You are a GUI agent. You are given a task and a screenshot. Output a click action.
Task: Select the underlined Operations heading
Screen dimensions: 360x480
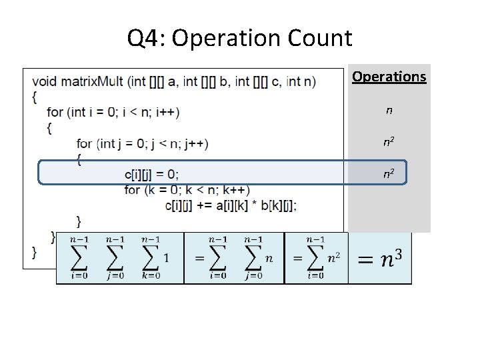pos(389,77)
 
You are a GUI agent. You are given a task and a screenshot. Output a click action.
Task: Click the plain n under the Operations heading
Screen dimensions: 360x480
pos(389,109)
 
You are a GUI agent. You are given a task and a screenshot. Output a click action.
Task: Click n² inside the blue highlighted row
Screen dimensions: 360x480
pos(387,175)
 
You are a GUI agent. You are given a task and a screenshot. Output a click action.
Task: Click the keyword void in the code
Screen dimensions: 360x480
pos(45,82)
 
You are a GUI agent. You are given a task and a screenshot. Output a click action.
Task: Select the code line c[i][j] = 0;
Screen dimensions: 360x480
pos(151,174)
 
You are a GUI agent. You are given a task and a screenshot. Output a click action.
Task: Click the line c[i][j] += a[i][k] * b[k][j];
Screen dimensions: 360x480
pos(231,205)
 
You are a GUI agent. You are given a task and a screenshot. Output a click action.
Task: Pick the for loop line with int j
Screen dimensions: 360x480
pos(142,143)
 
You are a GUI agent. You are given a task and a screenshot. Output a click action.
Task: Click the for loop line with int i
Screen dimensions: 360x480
pos(113,111)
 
